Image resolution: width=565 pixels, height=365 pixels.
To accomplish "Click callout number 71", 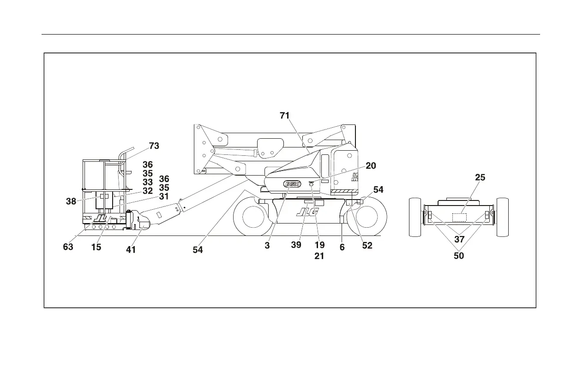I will click(x=285, y=116).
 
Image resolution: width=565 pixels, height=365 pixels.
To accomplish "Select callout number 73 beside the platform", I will click(x=154, y=146).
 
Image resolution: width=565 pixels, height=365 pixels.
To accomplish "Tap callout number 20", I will click(x=371, y=166).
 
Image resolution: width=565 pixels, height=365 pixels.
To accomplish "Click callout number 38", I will click(x=71, y=201).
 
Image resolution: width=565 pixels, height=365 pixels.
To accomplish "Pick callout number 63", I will click(x=68, y=247).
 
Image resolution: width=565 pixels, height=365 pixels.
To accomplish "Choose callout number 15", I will click(x=96, y=247).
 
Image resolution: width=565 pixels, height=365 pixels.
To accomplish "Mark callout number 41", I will click(x=131, y=250).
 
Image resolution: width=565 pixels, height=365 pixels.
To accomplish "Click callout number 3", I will click(x=267, y=246).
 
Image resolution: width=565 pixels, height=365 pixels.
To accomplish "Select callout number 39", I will click(x=296, y=245).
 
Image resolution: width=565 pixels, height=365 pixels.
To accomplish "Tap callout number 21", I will click(x=319, y=256).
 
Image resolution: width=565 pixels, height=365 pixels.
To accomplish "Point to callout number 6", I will click(x=342, y=247).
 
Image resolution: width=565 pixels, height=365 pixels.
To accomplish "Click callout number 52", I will click(x=367, y=246).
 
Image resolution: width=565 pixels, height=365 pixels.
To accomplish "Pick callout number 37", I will click(x=459, y=239).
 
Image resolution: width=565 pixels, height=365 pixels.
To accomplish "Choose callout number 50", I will click(x=459, y=255).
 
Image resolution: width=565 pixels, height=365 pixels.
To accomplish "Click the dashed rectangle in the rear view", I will click(x=459, y=217).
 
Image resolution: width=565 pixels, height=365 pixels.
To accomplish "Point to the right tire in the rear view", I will click(x=502, y=217).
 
